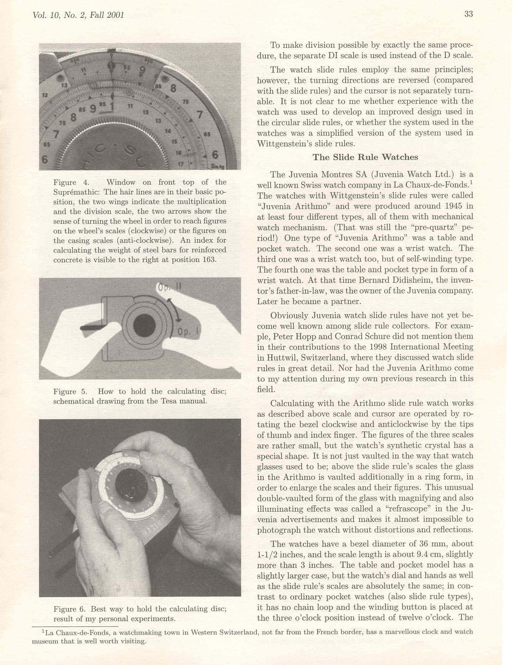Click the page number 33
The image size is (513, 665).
tap(468, 14)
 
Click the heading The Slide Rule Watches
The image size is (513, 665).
tap(365, 157)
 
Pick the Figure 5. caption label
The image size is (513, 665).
tap(70, 391)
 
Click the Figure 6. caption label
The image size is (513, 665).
tap(69, 609)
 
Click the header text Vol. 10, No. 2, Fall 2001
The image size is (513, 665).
tap(78, 15)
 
